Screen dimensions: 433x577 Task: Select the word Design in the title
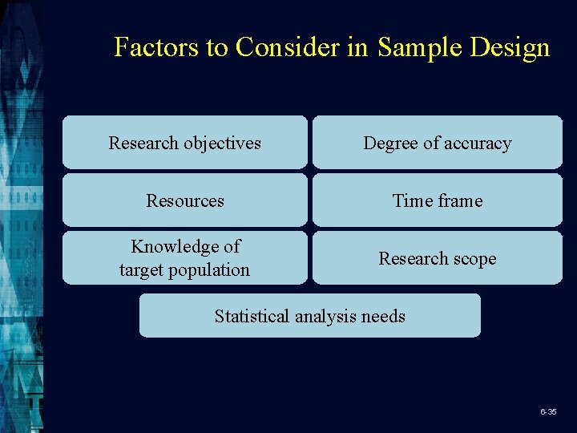(x=510, y=47)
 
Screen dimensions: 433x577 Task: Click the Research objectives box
(x=185, y=143)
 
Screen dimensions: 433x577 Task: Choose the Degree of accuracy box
(x=438, y=143)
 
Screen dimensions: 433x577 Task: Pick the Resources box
(x=185, y=200)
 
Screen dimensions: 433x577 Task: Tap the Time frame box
(x=438, y=200)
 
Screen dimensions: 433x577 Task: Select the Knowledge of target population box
(x=185, y=258)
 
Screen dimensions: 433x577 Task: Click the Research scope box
(x=438, y=258)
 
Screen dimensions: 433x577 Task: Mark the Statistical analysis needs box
(x=310, y=316)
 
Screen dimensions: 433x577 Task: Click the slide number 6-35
(x=548, y=411)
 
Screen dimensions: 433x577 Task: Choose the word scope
(x=473, y=259)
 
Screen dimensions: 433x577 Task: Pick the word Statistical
(x=252, y=316)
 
